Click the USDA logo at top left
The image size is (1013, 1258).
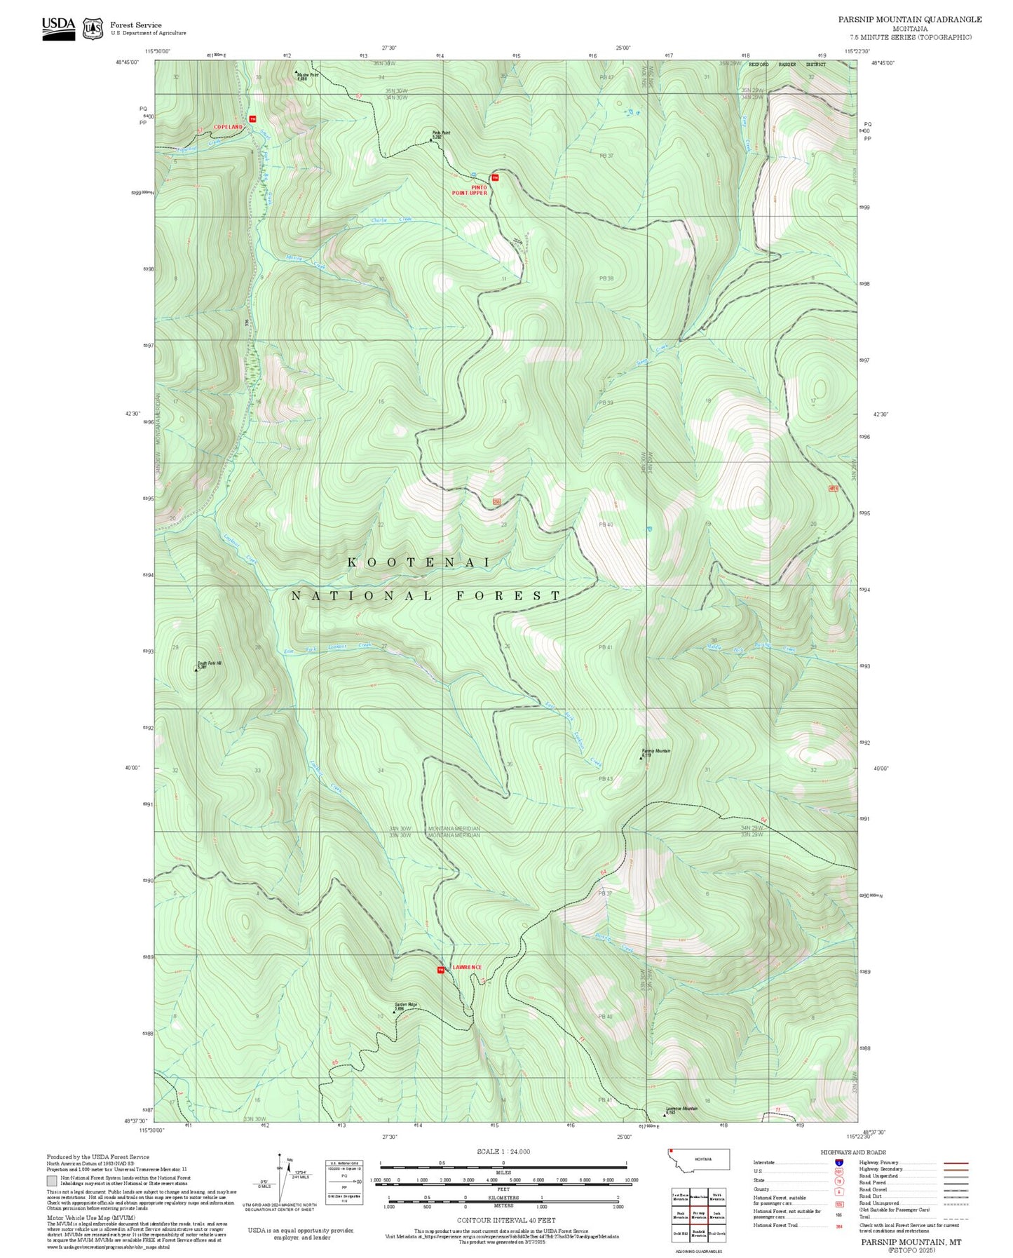[58, 27]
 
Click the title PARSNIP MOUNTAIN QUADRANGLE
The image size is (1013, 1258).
[909, 20]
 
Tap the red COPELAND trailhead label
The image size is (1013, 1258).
[228, 127]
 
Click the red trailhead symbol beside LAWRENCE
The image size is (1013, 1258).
[441, 970]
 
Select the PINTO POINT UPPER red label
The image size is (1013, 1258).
[470, 190]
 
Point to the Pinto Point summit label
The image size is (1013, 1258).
[441, 134]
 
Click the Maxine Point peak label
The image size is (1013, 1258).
[307, 76]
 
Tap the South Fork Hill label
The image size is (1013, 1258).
[209, 664]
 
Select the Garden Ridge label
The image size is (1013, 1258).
[405, 1006]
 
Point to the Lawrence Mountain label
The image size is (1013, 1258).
[681, 1110]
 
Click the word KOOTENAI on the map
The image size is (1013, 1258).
[419, 562]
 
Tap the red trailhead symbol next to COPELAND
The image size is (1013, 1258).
[252, 118]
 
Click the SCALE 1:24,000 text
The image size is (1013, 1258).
[503, 1151]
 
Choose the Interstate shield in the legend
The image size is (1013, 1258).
[839, 1162]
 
